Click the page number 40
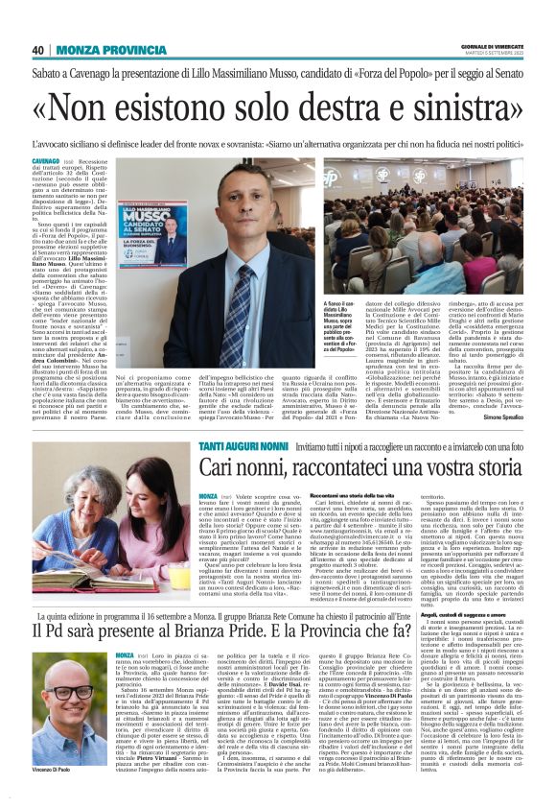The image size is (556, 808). coord(38,50)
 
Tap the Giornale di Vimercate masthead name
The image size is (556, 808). coord(489,46)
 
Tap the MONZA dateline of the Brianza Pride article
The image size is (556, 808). coord(126,654)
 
